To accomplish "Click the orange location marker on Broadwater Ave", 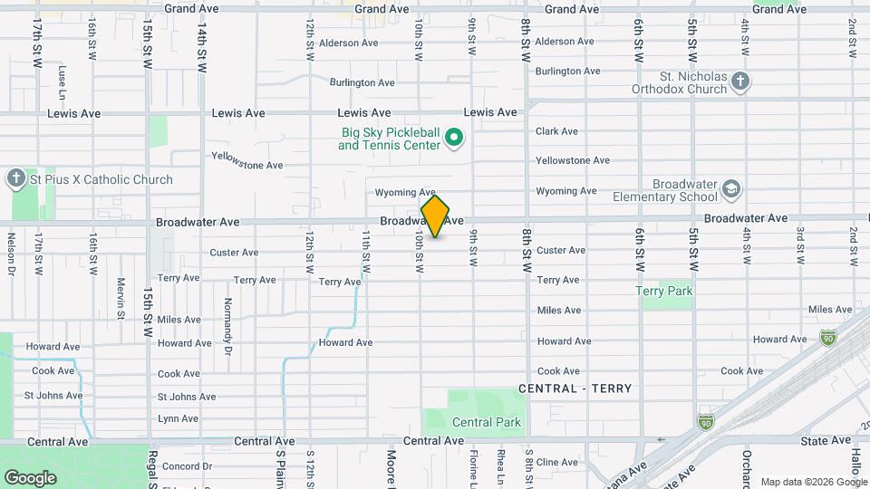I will click(435, 216).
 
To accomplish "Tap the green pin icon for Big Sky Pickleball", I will click(454, 139).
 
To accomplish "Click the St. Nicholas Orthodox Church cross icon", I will click(740, 81).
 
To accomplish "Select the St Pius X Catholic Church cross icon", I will click(16, 178).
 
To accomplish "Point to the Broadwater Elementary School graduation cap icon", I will click(731, 189).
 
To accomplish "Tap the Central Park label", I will click(487, 422).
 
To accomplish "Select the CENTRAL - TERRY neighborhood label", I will click(575, 388).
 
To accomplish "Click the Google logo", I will click(31, 477).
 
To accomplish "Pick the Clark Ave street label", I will click(556, 131).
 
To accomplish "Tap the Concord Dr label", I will click(187, 466).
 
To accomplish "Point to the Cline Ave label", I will click(557, 462).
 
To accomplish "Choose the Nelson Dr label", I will click(11, 253).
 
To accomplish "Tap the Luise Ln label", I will click(62, 81).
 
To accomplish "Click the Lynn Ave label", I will click(178, 418).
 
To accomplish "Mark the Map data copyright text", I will click(814, 482).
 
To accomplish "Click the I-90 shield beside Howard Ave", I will click(828, 337).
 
